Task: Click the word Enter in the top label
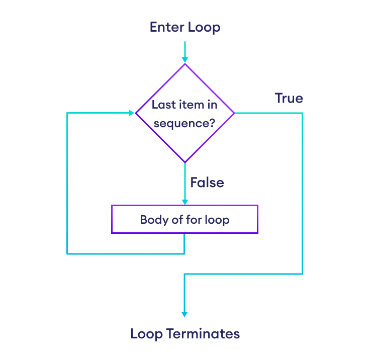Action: [x=166, y=27]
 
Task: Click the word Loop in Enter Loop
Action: [x=204, y=27]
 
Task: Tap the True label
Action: [x=289, y=98]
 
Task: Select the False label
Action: [x=207, y=182]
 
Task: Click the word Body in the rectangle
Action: [x=151, y=220]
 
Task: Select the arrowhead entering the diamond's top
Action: [x=184, y=60]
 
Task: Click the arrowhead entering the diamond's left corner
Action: [x=132, y=113]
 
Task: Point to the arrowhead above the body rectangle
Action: [x=184, y=202]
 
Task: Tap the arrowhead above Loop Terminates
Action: [x=184, y=314]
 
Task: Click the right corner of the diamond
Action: [x=234, y=113]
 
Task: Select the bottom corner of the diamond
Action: [x=184, y=162]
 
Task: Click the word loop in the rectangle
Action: [x=218, y=220]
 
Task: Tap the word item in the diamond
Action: [x=192, y=105]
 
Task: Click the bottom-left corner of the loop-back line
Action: [x=67, y=254]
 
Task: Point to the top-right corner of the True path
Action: [x=302, y=113]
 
